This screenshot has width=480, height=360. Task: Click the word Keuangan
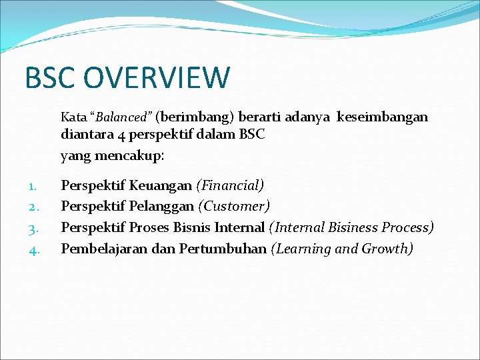pyautogui.click(x=160, y=185)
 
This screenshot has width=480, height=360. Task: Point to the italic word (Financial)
pyautogui.click(x=230, y=185)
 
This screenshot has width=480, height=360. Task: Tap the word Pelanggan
pyautogui.click(x=162, y=206)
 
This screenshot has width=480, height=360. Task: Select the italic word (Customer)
pyautogui.click(x=234, y=206)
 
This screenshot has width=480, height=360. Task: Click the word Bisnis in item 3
pyautogui.click(x=191, y=227)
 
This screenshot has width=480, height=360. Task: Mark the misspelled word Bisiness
pyautogui.click(x=353, y=227)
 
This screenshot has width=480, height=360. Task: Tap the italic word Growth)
pyautogui.click(x=388, y=249)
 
